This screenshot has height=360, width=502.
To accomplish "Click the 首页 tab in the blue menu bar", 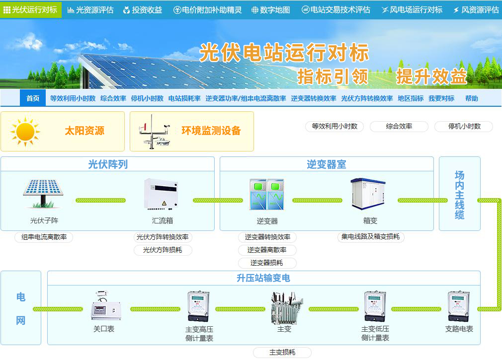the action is point(33,98).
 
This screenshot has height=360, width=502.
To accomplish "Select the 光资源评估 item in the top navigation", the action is point(90,10).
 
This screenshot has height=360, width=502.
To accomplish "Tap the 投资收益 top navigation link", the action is point(143,10).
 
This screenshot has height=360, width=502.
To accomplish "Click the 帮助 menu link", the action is point(471,98).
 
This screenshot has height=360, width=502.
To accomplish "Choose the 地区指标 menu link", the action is point(411,98).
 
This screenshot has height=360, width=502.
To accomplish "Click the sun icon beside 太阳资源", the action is point(25,132).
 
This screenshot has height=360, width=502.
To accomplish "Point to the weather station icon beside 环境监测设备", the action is point(154,132).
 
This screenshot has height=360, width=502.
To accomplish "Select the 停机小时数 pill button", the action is point(464,126).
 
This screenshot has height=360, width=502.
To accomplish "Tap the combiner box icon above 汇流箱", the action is point(161,194).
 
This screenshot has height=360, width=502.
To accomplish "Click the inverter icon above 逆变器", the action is point(267,194).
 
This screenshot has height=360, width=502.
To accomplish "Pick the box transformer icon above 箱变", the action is point(368,194).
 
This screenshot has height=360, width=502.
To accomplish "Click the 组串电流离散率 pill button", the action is point(44,237).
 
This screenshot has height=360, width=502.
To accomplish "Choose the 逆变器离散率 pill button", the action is point(267,250).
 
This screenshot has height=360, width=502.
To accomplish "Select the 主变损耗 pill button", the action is point(282,353).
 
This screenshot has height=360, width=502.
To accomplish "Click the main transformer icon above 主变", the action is point(286,307).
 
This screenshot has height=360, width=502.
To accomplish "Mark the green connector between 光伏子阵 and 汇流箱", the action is point(100,201).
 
